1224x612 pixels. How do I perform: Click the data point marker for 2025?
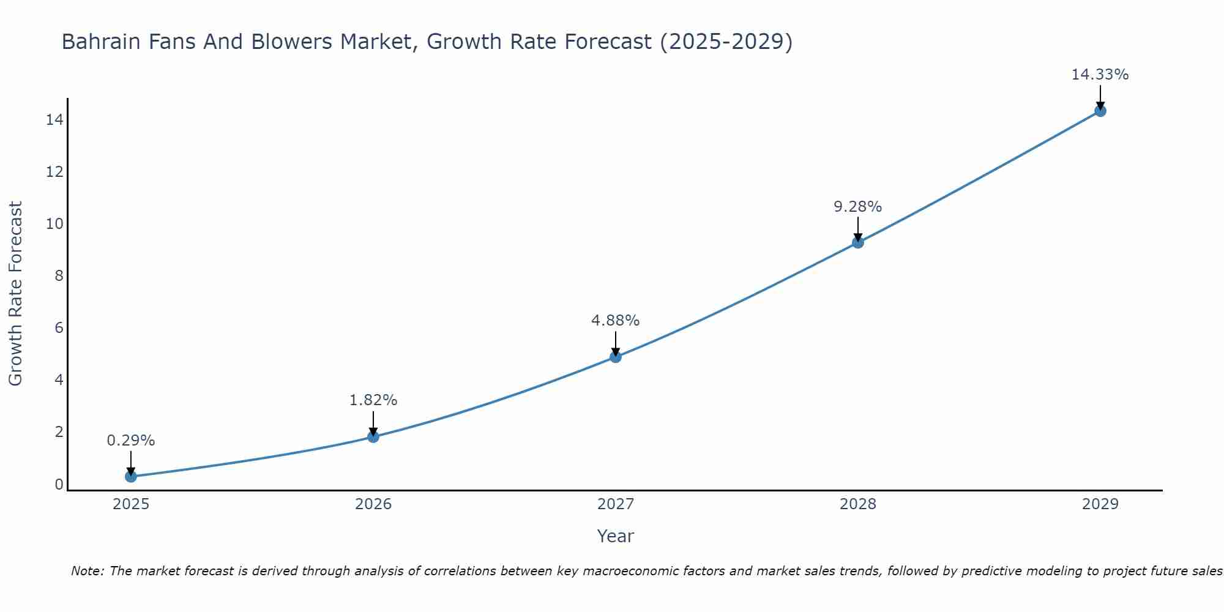pyautogui.click(x=131, y=476)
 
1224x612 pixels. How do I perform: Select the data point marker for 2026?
pyautogui.click(x=373, y=436)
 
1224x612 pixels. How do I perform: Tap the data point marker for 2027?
pyautogui.click(x=616, y=357)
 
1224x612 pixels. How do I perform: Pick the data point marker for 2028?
pyautogui.click(x=858, y=242)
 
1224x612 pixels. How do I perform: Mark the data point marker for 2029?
pyautogui.click(x=1100, y=111)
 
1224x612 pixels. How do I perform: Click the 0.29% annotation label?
pyautogui.click(x=131, y=441)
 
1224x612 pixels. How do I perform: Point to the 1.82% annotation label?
pyautogui.click(x=373, y=400)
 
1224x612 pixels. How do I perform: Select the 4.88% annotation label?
pyautogui.click(x=616, y=321)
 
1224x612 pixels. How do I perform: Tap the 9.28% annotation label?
pyautogui.click(x=858, y=207)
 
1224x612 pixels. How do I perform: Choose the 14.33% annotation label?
pyautogui.click(x=1100, y=75)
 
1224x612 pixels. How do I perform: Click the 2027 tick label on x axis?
pyautogui.click(x=616, y=504)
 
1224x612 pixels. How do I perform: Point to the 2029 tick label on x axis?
pyautogui.click(x=1100, y=504)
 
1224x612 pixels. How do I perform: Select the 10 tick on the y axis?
pyautogui.click(x=54, y=223)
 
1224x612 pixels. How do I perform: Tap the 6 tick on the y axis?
pyautogui.click(x=59, y=327)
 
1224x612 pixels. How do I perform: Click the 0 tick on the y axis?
pyautogui.click(x=59, y=484)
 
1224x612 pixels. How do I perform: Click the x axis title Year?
pyautogui.click(x=616, y=536)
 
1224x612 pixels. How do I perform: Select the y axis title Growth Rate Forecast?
pyautogui.click(x=15, y=294)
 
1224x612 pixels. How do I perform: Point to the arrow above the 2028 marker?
pyautogui.click(x=858, y=229)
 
